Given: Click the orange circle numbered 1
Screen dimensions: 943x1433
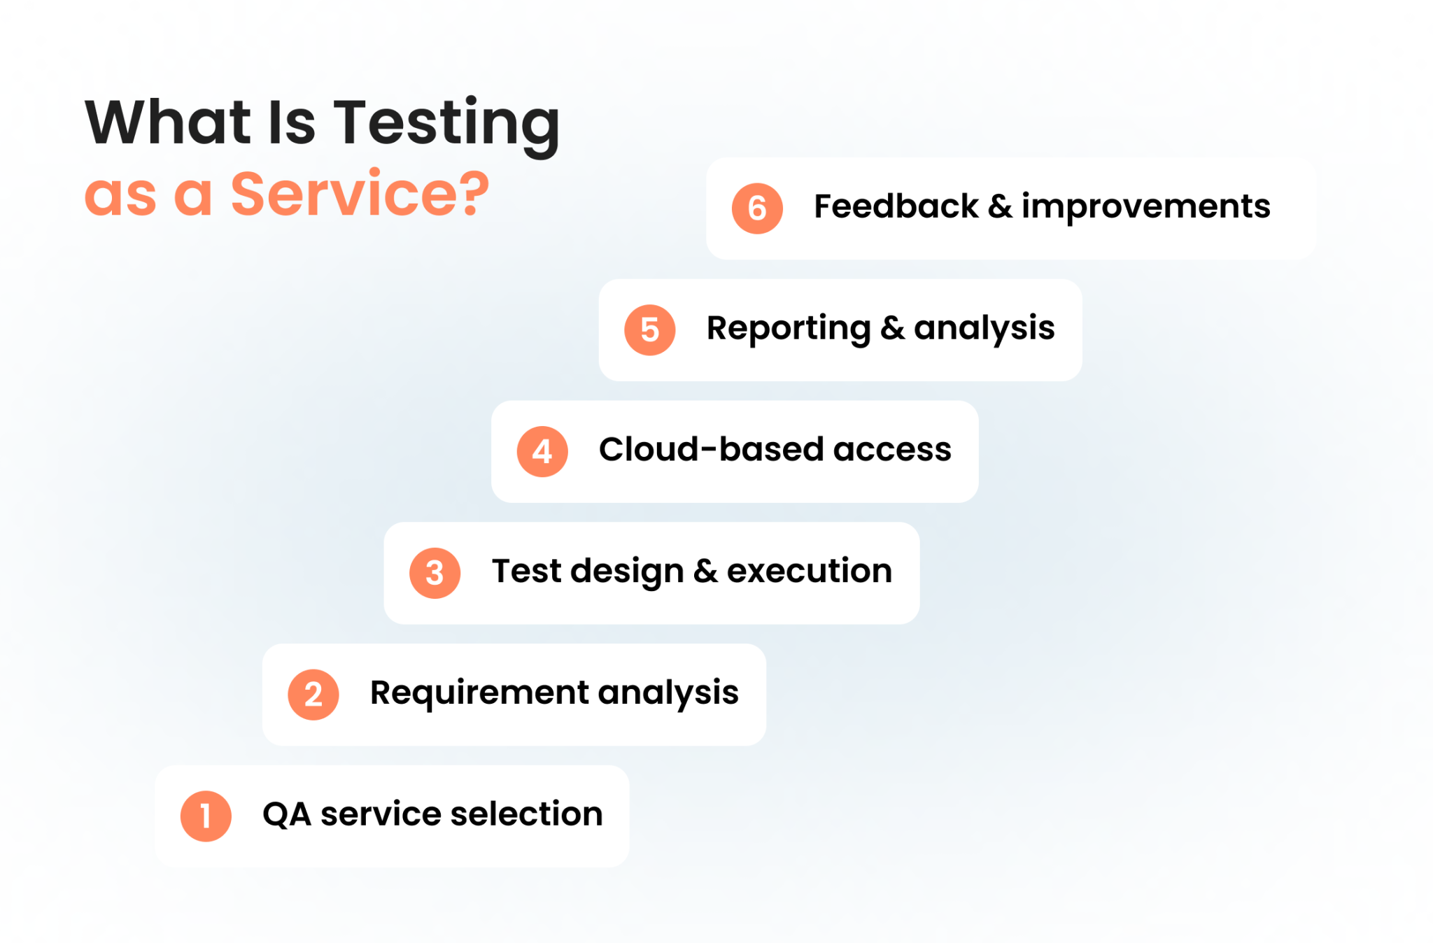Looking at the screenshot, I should click(x=206, y=816).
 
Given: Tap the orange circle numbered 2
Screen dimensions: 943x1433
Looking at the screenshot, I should click(x=313, y=695).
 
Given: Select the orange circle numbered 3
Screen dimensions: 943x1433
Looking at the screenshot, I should click(x=435, y=573).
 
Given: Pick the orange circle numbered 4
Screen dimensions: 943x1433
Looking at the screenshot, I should click(x=542, y=452).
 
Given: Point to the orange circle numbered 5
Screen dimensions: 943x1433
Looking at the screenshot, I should click(x=649, y=330).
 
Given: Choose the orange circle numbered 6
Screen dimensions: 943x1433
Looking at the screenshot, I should click(x=757, y=208).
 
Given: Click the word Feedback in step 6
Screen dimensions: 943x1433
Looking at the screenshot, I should click(x=896, y=207).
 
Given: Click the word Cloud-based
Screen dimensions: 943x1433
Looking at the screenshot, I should click(x=710, y=450).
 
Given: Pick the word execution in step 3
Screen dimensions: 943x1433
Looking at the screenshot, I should click(x=809, y=572).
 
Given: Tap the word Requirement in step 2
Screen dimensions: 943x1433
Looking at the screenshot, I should click(x=479, y=693).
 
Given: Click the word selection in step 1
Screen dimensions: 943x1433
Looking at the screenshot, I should click(x=526, y=814).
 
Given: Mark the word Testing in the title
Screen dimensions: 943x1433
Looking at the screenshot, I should click(x=446, y=124).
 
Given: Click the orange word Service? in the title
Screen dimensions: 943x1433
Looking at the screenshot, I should click(x=360, y=194).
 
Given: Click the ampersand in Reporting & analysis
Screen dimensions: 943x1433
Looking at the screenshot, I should click(x=892, y=329).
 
